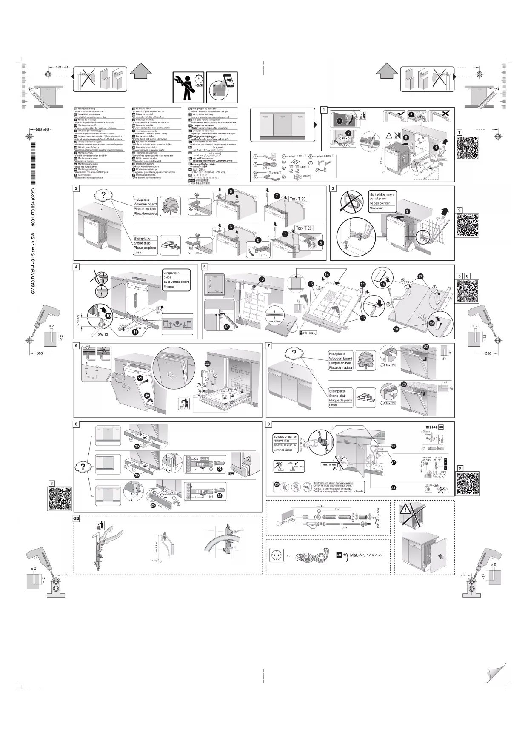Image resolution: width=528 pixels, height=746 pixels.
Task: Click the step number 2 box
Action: pyautogui.click(x=76, y=188)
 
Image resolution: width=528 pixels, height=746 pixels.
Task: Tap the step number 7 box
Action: pyautogui.click(x=268, y=346)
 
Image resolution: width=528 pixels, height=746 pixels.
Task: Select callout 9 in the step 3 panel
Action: pyautogui.click(x=407, y=211)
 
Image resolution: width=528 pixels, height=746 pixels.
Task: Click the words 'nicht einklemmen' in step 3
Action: pyautogui.click(x=382, y=194)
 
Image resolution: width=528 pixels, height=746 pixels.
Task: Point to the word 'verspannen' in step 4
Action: pyautogui.click(x=171, y=273)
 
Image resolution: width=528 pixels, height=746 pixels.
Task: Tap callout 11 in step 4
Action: pyautogui.click(x=135, y=333)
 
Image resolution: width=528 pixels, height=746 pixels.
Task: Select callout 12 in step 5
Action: pyautogui.click(x=262, y=279)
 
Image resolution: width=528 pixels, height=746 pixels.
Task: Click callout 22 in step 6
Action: pyautogui.click(x=208, y=363)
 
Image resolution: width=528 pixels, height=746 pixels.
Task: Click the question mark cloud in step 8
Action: pyautogui.click(x=83, y=466)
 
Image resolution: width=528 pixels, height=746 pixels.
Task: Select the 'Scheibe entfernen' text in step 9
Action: pyautogui.click(x=285, y=437)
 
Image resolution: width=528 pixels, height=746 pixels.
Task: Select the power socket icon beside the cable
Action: pyautogui.click(x=276, y=555)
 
